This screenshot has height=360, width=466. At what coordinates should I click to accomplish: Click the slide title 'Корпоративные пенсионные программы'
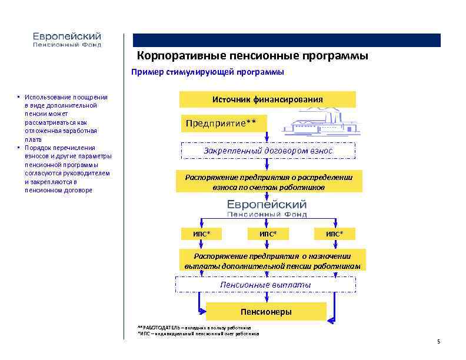pos(253,56)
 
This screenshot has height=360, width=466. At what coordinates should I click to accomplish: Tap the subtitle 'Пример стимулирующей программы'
pos(207,72)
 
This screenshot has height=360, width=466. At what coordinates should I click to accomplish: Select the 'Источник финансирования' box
pos(267,99)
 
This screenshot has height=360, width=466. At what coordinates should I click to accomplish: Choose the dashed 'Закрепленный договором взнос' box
pos(268,151)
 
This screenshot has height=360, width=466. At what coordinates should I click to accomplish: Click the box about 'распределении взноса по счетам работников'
pos(269,182)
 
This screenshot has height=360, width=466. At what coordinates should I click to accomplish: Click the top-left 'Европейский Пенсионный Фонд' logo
pos(66,39)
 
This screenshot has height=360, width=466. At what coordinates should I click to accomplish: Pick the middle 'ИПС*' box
pos(268,234)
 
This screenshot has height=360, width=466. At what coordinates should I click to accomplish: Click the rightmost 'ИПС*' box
pos(334,234)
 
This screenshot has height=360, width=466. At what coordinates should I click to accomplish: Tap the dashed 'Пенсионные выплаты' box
pos(265,285)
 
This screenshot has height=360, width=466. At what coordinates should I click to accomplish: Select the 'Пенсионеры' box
pos(266,311)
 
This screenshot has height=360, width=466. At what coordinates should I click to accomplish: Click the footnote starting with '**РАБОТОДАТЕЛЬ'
pos(194,327)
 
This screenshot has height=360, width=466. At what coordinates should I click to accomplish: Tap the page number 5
pos(439,341)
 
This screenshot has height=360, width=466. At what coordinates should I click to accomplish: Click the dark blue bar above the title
pos(287,40)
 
